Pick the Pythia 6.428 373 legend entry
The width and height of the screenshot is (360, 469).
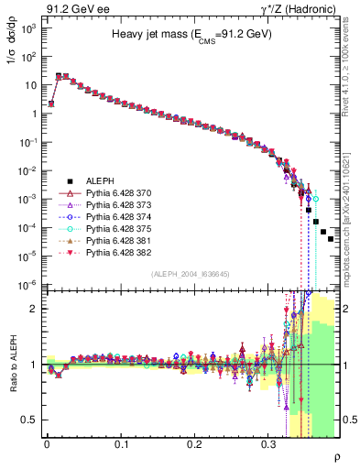pyautogui.click(x=114, y=207)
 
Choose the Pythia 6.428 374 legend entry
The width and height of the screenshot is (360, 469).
pyautogui.click(x=114, y=221)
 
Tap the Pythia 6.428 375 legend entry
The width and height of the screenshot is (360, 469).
pyautogui.click(x=114, y=234)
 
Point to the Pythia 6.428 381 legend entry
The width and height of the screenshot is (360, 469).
pyautogui.click(x=114, y=248)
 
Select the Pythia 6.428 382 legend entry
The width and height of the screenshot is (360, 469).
pyautogui.click(x=114, y=262)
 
